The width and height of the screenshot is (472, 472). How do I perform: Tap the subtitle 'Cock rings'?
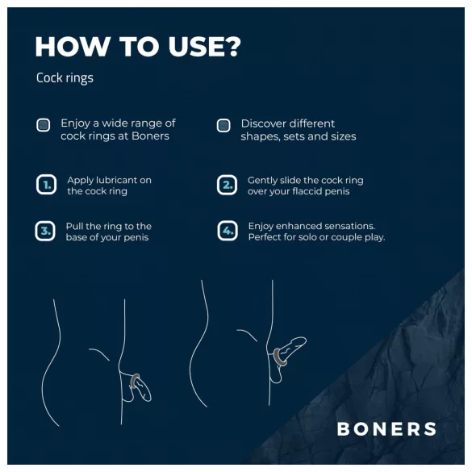pyautogui.click(x=65, y=78)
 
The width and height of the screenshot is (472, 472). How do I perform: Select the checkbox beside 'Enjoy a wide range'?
pyautogui.click(x=44, y=125)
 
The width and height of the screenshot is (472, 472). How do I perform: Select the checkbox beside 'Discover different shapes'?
pyautogui.click(x=223, y=125)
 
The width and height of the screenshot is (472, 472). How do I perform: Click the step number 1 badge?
pyautogui.click(x=46, y=185)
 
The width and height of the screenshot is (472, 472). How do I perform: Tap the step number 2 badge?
pyautogui.click(x=227, y=185)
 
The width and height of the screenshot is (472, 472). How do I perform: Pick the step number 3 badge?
pyautogui.click(x=46, y=232)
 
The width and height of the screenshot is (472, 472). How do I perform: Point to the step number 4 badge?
pyautogui.click(x=227, y=232)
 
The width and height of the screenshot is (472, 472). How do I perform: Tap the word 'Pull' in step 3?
pyautogui.click(x=75, y=227)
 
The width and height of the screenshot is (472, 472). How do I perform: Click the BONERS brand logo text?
pyautogui.click(x=386, y=429)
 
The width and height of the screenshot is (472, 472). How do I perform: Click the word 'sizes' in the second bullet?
pyautogui.click(x=342, y=136)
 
